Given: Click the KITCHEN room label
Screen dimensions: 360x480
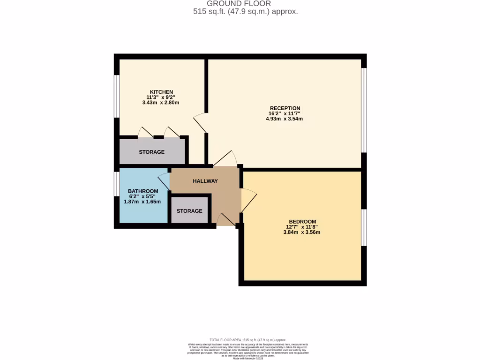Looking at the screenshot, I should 161,91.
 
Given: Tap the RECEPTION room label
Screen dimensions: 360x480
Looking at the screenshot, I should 285,108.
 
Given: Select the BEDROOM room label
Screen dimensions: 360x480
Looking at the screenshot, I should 302,221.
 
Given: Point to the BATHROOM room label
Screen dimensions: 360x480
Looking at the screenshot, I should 143,191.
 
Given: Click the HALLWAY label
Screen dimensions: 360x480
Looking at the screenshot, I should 205,181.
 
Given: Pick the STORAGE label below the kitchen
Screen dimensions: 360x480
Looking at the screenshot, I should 151,152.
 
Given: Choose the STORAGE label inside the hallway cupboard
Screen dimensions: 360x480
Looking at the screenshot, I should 189,211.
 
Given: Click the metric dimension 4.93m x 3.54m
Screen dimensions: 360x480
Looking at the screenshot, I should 285,119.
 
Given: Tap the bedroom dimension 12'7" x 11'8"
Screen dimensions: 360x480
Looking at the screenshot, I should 302,227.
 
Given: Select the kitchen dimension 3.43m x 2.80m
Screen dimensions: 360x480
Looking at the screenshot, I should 161,102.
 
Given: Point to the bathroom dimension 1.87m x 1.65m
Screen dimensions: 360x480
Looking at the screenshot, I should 142,202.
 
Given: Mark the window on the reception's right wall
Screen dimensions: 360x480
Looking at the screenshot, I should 364,110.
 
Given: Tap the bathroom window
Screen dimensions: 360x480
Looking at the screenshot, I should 117,183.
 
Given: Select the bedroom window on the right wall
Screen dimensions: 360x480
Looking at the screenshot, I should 364,227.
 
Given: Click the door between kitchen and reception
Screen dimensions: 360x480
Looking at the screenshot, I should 201,122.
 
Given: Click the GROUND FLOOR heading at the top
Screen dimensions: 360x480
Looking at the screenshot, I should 245,4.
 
